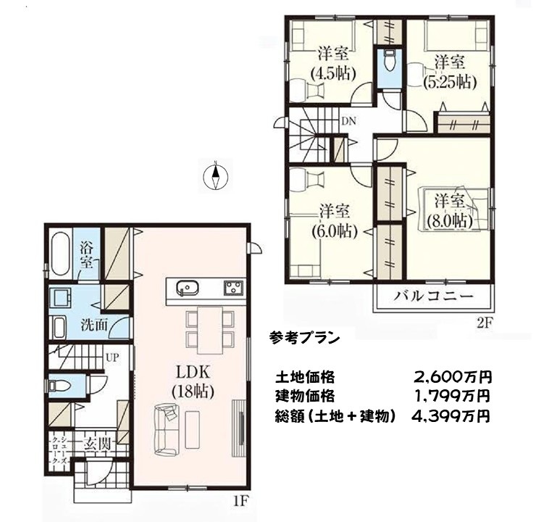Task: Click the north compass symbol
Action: (215, 176)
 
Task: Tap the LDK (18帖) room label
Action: (193, 382)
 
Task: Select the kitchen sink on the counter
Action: (188, 288)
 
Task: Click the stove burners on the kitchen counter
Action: (234, 288)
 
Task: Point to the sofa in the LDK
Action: (167, 430)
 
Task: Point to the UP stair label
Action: (112, 358)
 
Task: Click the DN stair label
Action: (348, 121)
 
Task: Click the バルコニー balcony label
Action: (434, 296)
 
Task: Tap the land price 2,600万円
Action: (453, 377)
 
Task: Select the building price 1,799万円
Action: (453, 396)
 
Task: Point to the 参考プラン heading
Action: (304, 339)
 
